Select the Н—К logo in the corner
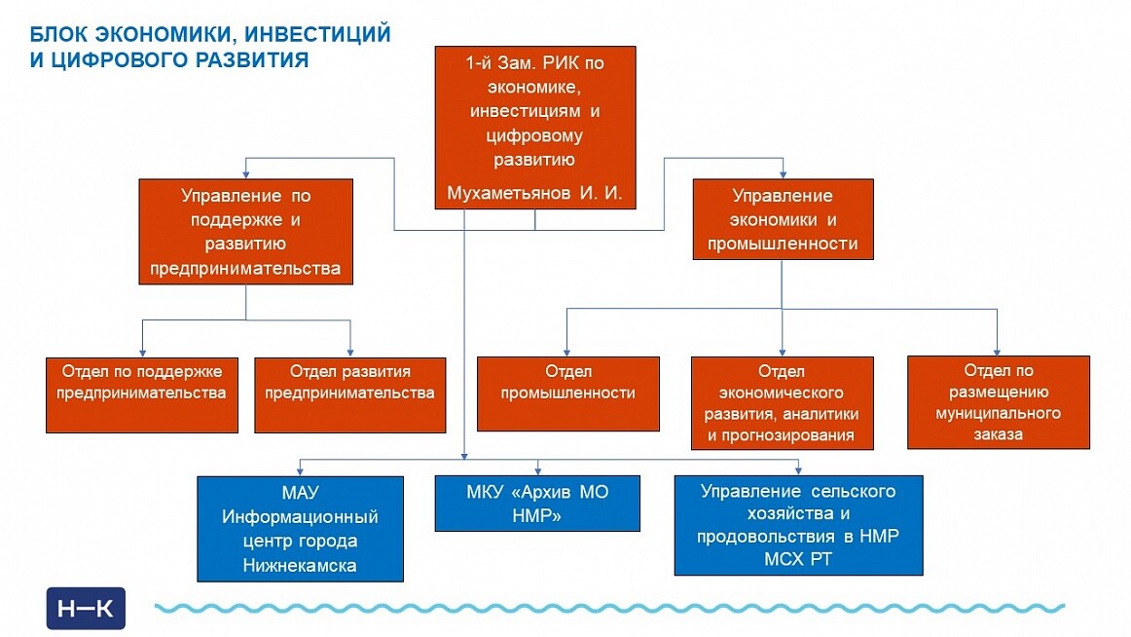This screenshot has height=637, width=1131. (x=86, y=609)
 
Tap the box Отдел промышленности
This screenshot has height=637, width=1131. (x=567, y=393)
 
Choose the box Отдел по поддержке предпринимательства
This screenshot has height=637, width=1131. (x=142, y=393)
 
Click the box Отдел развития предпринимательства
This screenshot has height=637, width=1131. (x=349, y=393)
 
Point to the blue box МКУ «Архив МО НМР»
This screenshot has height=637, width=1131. (x=537, y=503)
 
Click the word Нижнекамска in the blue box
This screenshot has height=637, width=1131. (x=300, y=565)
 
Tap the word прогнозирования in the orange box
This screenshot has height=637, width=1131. (x=782, y=435)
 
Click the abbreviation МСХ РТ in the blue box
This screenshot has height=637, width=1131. (x=798, y=559)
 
